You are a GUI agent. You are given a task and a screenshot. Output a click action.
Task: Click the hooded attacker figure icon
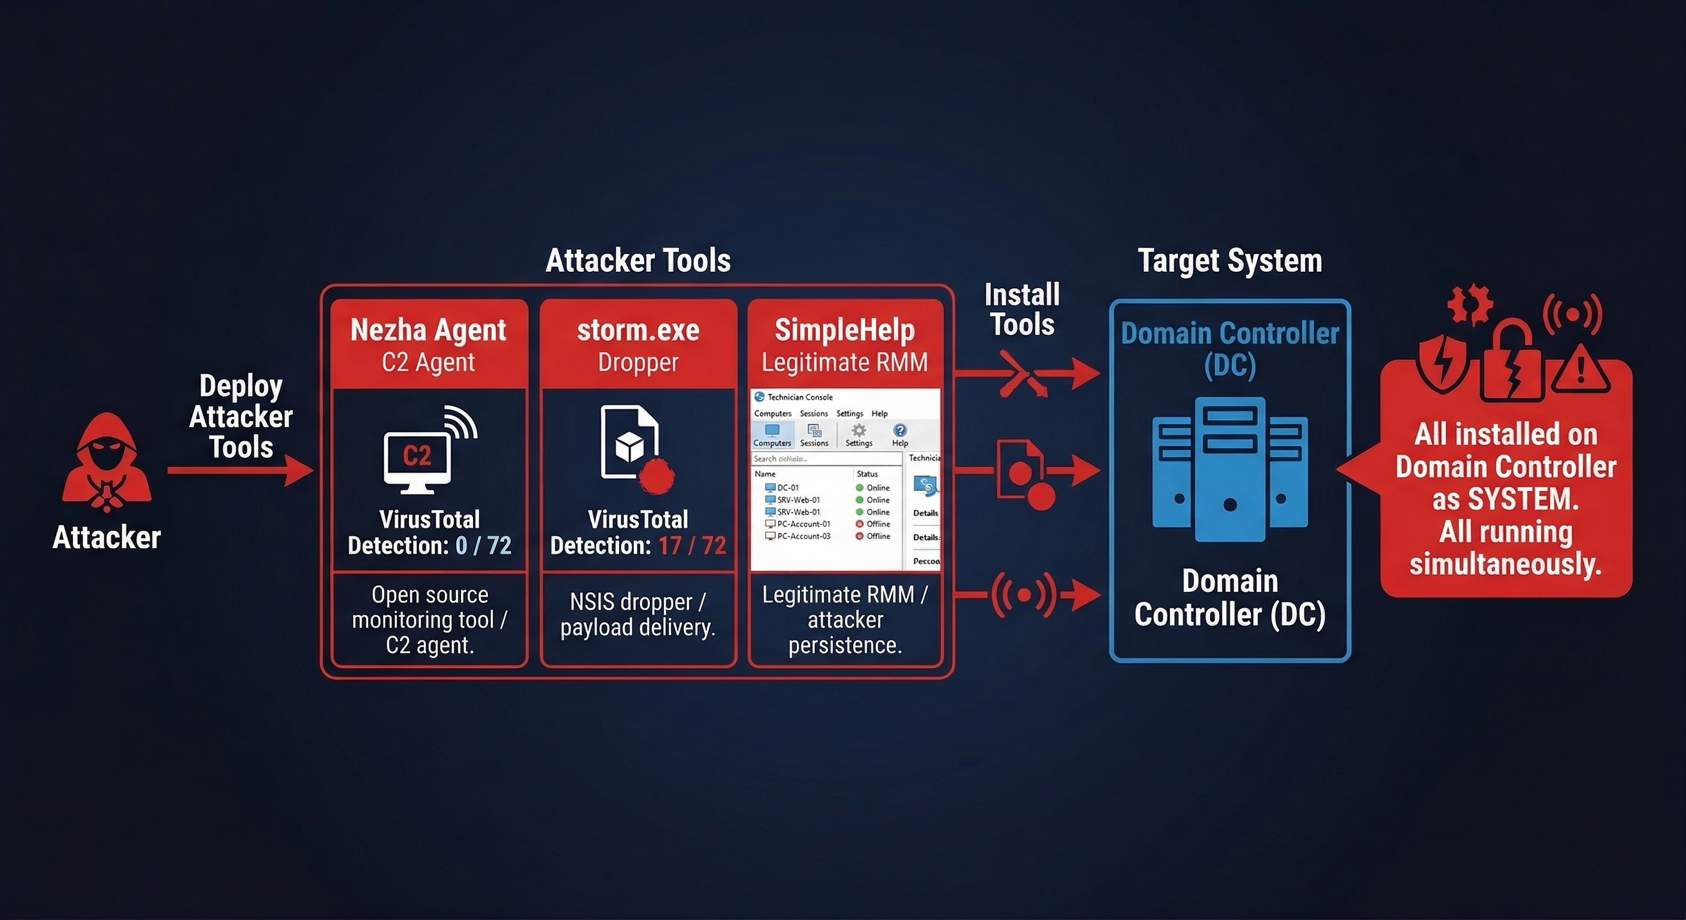pyautogui.click(x=107, y=462)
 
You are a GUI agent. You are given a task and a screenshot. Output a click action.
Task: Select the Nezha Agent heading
pyautogui.click(x=428, y=330)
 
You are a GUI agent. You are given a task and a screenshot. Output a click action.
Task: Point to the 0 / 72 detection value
pyautogui.click(x=483, y=546)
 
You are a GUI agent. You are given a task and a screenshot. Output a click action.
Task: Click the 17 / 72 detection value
pyautogui.click(x=692, y=546)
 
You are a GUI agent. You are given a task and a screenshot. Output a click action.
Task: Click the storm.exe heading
pyautogui.click(x=638, y=330)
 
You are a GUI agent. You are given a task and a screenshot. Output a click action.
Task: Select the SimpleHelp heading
pyautogui.click(x=844, y=330)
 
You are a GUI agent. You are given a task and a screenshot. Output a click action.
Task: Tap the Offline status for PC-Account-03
pyautogui.click(x=878, y=536)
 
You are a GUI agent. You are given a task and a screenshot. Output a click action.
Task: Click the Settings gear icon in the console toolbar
pyautogui.click(x=859, y=430)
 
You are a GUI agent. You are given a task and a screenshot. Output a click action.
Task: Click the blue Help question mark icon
pyautogui.click(x=900, y=430)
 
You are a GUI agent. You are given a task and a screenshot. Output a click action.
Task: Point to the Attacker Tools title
pyautogui.click(x=638, y=261)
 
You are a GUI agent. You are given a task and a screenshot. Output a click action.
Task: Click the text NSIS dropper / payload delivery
pyautogui.click(x=638, y=614)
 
